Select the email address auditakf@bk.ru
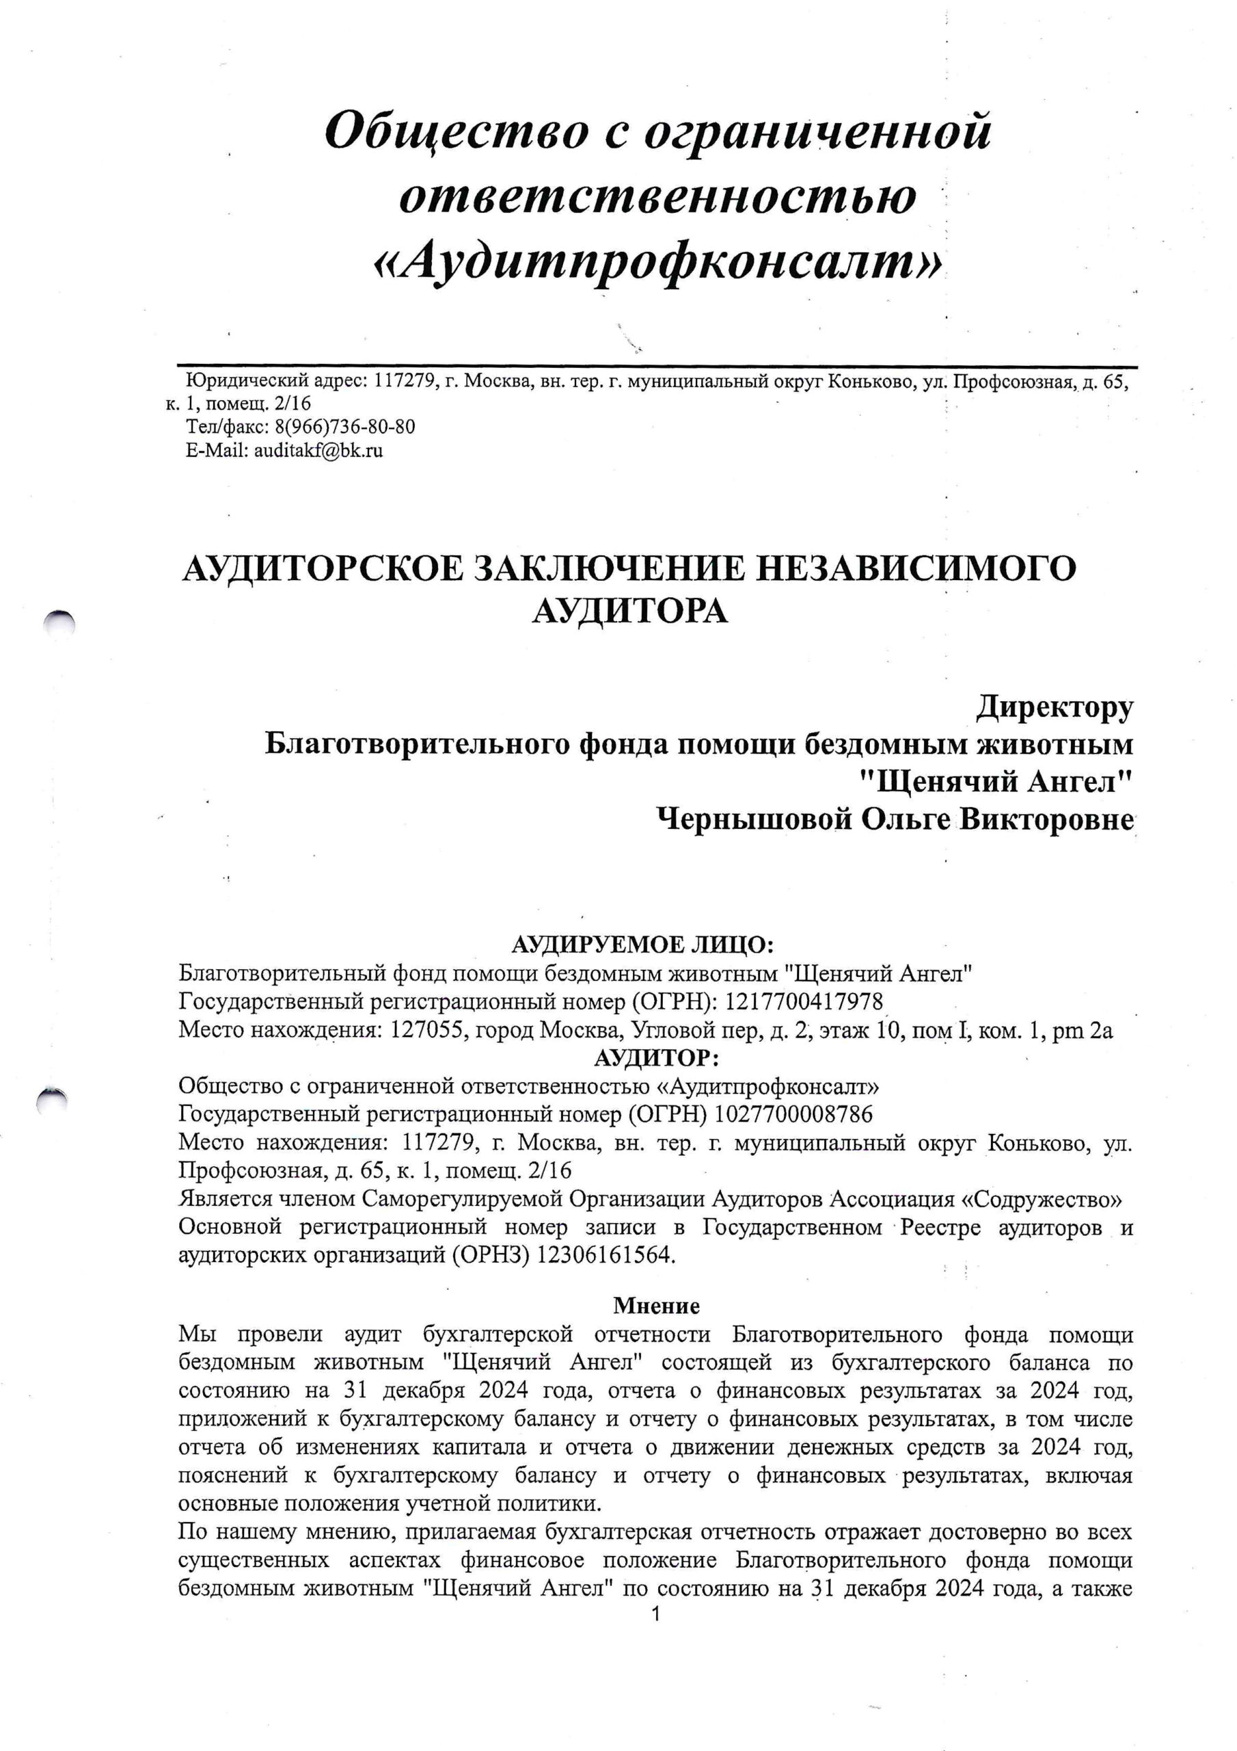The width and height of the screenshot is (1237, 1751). click(x=318, y=450)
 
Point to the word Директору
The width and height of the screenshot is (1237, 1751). click(x=1054, y=707)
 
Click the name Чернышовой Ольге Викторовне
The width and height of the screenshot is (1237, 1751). click(x=895, y=820)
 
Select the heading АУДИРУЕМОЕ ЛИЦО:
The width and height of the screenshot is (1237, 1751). click(x=642, y=945)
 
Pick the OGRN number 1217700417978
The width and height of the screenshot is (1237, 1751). click(x=804, y=1001)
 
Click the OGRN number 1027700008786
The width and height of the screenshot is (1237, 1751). click(x=793, y=1115)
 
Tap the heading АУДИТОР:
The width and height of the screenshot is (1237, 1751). click(x=656, y=1059)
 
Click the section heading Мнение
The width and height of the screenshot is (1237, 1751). click(x=656, y=1306)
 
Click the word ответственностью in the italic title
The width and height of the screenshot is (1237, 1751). click(x=657, y=197)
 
